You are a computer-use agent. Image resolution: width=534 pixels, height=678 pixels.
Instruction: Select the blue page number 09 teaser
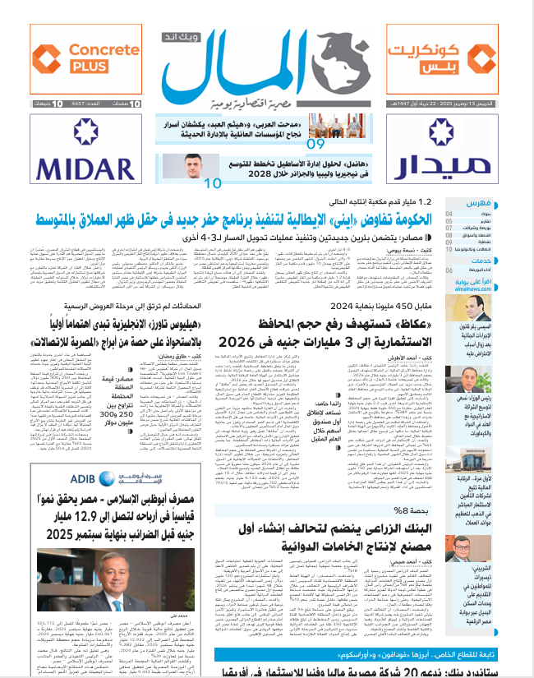pyautogui.click(x=315, y=145)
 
